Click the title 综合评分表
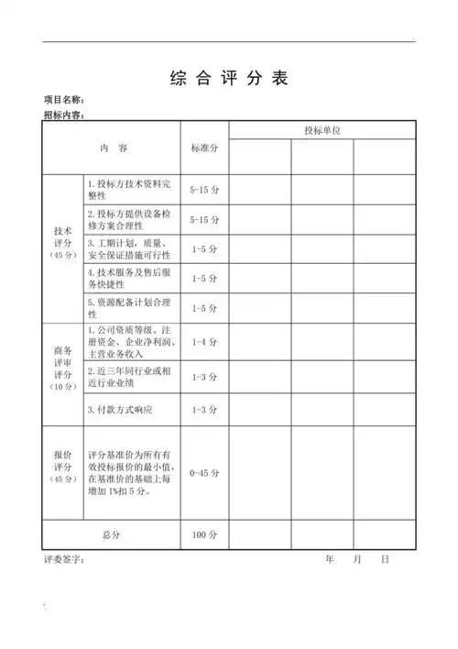pyautogui.click(x=229, y=78)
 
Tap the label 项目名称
pyautogui.click(x=67, y=100)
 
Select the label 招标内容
pyautogui.click(x=67, y=115)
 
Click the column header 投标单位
pyautogui.click(x=322, y=131)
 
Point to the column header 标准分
pyautogui.click(x=203, y=147)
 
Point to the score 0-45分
pyautogui.click(x=203, y=473)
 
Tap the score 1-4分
pyautogui.click(x=203, y=342)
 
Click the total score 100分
pyautogui.click(x=203, y=533)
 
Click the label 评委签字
pyautogui.click(x=64, y=558)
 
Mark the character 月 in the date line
pyautogui.click(x=357, y=558)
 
